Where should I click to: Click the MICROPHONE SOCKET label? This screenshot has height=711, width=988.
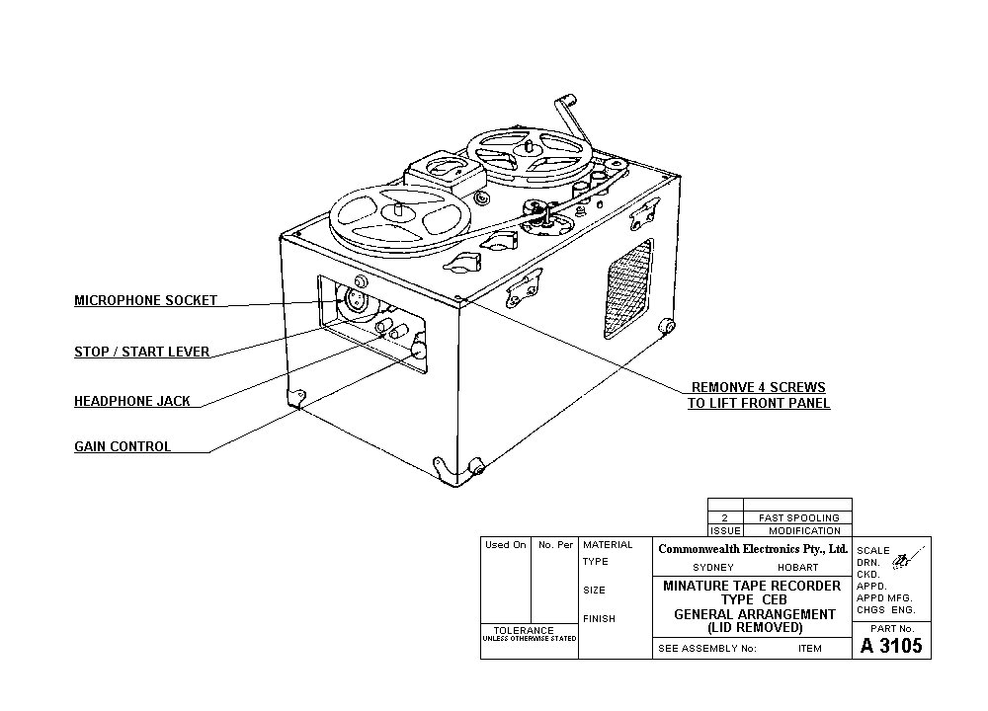tap(145, 300)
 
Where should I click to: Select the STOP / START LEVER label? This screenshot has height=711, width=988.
tap(141, 352)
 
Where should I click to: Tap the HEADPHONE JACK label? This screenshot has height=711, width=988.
tap(132, 401)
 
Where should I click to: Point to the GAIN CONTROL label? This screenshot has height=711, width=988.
tap(123, 446)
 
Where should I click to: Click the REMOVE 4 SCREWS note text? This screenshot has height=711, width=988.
tap(759, 395)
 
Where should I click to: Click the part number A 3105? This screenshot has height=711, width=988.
tap(891, 646)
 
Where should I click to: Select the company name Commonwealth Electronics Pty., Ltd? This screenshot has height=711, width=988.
tap(753, 548)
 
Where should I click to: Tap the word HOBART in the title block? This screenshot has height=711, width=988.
tap(797, 568)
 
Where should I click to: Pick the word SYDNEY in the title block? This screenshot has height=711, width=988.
tap(713, 568)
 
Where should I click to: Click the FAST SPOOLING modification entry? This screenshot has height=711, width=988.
tap(798, 517)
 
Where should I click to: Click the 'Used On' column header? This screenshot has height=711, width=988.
tap(505, 544)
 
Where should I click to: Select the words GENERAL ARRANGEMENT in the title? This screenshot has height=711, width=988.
tap(754, 613)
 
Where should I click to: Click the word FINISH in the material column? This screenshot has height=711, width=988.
tap(599, 618)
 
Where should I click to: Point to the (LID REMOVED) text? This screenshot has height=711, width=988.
tap(754, 627)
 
